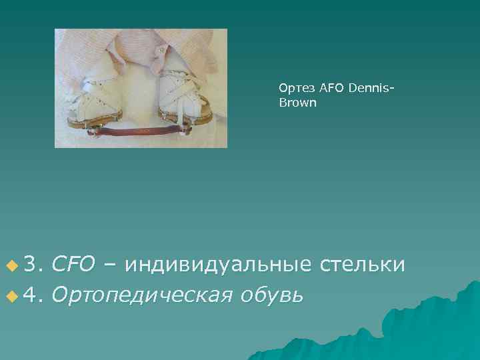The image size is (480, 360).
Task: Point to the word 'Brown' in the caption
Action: (x=293, y=103)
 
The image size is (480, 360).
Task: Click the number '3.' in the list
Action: (x=33, y=265)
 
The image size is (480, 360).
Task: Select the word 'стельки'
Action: (x=363, y=265)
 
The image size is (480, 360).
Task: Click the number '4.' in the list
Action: (x=33, y=293)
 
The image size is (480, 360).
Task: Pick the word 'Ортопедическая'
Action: (x=142, y=294)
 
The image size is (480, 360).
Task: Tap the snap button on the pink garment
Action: (x=162, y=51)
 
